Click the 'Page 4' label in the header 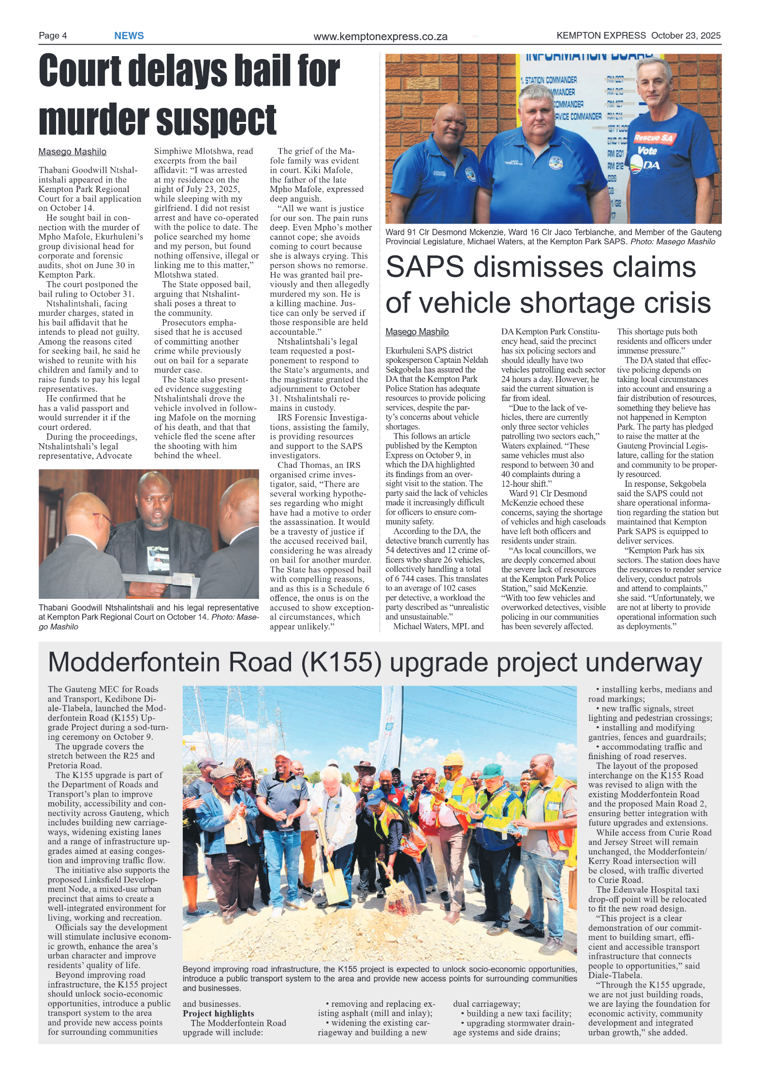pyautogui.click(x=53, y=35)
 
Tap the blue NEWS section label pyautogui.click(x=129, y=36)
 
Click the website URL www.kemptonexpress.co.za pyautogui.click(x=380, y=37)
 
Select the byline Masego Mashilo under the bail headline pyautogui.click(x=72, y=152)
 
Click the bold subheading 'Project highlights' pyautogui.click(x=218, y=1014)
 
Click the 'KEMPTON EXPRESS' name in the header pyautogui.click(x=600, y=35)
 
